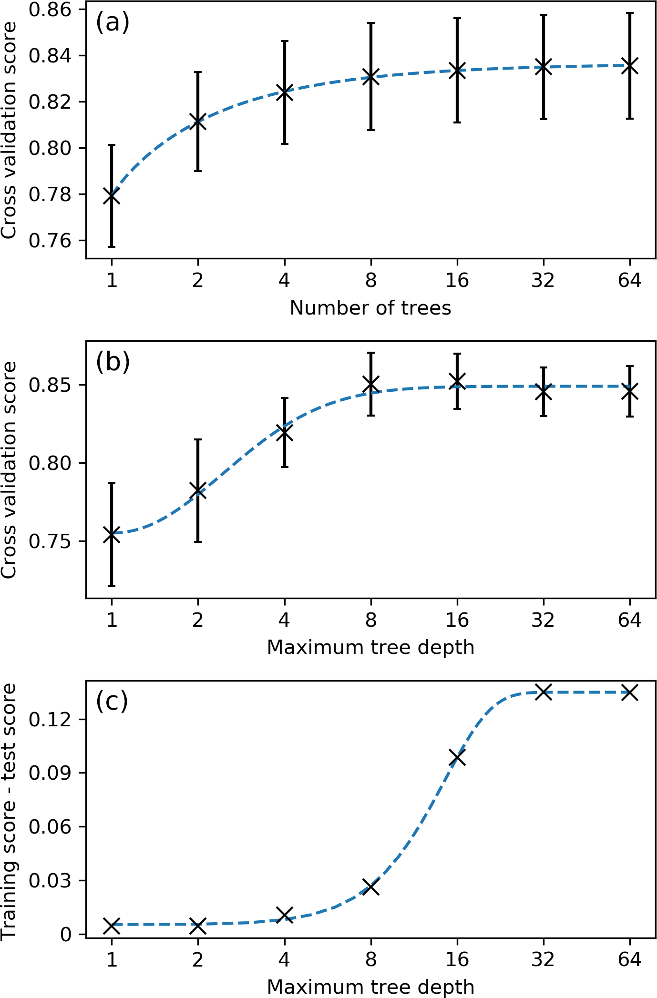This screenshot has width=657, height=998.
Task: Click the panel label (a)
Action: pos(113,22)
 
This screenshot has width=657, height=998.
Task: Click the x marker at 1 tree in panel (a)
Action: pos(112,196)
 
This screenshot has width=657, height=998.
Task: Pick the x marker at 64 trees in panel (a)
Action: pos(630,66)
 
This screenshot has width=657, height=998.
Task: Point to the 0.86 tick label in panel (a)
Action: pos(50,10)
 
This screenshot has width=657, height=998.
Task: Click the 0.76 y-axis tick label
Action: pos(50,241)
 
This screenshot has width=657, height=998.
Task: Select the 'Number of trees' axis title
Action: pos(370,308)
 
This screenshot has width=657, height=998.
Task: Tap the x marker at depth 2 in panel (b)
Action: pos(198,490)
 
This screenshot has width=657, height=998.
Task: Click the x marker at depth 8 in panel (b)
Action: pos(371,384)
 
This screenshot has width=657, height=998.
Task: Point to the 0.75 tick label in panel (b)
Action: pos(50,541)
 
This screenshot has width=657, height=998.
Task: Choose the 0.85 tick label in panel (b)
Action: pos(50,385)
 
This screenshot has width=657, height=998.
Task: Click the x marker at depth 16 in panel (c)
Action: pos(457,757)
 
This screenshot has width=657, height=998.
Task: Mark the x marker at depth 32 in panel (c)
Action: pos(544,692)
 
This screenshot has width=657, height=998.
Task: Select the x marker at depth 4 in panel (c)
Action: pos(285,915)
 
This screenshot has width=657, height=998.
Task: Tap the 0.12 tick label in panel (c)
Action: pos(50,719)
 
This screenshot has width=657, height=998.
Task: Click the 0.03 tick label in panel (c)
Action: pos(50,880)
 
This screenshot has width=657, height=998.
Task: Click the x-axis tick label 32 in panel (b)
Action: pos(543,620)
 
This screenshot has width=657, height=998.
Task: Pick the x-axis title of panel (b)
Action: pos(370,648)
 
